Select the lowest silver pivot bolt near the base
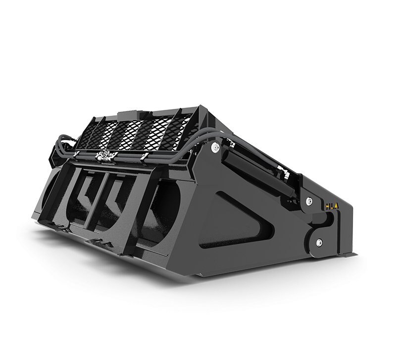coord(319,242)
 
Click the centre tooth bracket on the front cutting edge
coord(99,242)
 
